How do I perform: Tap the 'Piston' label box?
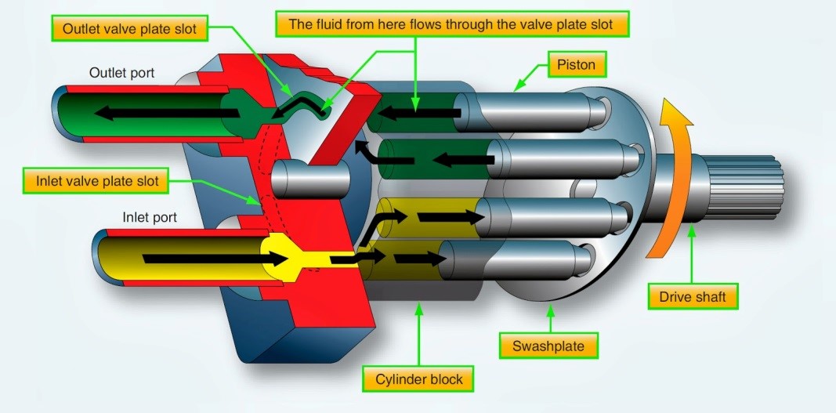(577, 63)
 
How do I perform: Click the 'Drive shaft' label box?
(693, 297)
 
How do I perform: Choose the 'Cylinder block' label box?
(418, 380)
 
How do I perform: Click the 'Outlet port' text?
(121, 73)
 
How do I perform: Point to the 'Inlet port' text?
(149, 216)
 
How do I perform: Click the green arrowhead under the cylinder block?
(418, 311)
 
